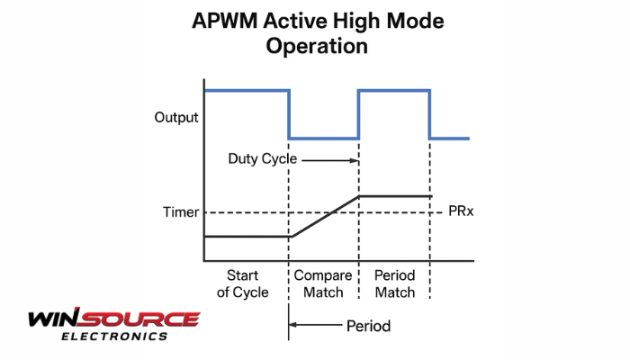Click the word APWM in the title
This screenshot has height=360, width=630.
224,21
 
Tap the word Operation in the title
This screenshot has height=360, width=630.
317,46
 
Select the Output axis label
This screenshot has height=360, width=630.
176,117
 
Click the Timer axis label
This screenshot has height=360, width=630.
181,212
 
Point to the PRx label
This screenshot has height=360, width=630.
461,211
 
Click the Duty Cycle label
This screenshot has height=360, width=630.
263,158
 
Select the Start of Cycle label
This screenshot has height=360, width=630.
242,283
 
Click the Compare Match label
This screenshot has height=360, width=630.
323,283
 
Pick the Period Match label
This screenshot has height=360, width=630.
394,283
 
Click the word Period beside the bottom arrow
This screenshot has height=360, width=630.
368,326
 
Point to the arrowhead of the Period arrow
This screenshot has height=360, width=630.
292,324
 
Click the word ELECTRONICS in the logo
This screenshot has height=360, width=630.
114,337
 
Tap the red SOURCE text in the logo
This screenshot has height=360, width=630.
139,319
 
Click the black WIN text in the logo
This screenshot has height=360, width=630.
53,318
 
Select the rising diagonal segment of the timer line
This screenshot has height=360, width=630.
326,216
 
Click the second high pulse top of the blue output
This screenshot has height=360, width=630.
394,90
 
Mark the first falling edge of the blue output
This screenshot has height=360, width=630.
289,114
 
